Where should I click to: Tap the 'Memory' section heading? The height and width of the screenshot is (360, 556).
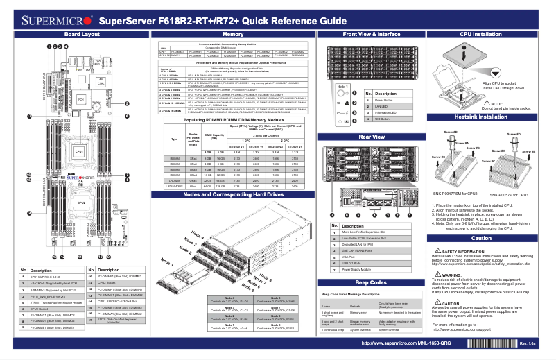232,34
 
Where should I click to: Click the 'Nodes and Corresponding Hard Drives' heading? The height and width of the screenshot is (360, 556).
232,195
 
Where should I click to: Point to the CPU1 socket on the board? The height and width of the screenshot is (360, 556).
80,151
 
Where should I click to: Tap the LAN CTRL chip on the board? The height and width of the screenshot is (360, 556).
101,83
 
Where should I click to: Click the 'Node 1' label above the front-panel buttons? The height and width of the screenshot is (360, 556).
340,87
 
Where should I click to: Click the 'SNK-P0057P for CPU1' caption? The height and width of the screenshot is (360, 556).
511,194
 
